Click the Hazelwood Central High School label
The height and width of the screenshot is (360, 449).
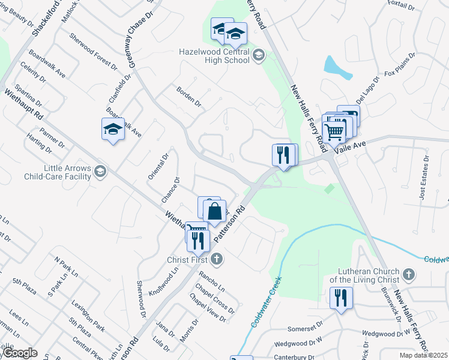[214, 56]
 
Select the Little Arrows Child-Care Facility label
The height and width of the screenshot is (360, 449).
[58, 173]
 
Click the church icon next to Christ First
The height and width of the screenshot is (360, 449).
[217, 260]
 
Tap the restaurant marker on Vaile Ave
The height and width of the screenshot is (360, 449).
[283, 155]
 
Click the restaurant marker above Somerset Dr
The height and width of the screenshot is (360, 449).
[341, 298]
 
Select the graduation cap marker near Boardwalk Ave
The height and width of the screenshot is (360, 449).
[113, 129]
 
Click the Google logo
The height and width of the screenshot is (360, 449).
[19, 353]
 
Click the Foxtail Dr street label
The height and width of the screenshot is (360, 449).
[401, 7]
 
